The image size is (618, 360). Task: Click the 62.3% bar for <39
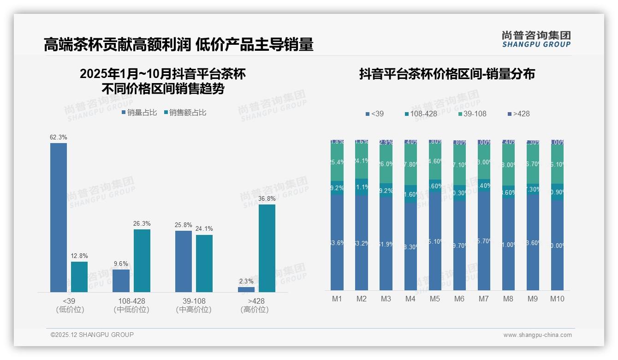tap(59, 217)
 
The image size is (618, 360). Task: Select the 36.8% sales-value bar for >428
tap(267, 248)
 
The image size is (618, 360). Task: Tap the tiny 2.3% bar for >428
tap(246, 289)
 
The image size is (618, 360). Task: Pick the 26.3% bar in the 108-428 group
tap(142, 260)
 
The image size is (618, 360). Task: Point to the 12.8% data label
tap(79, 256)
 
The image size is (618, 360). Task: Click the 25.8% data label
tap(183, 225)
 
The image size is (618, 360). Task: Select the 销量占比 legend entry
tap(139, 112)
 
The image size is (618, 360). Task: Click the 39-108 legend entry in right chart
tap(472, 114)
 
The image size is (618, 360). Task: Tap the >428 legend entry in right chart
tap(518, 114)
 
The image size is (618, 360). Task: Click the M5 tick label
tap(434, 299)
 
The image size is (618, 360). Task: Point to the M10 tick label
tap(557, 299)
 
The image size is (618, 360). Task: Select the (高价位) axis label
tap(254, 310)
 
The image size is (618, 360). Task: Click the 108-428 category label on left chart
tap(131, 301)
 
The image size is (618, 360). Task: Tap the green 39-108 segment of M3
tap(386, 164)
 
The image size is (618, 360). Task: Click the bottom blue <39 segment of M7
tap(484, 240)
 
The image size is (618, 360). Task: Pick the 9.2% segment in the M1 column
tap(337, 188)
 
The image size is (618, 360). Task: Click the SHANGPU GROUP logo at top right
tap(536, 39)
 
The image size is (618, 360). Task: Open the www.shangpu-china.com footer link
tap(537, 335)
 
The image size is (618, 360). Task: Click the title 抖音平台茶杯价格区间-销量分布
tap(447, 74)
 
